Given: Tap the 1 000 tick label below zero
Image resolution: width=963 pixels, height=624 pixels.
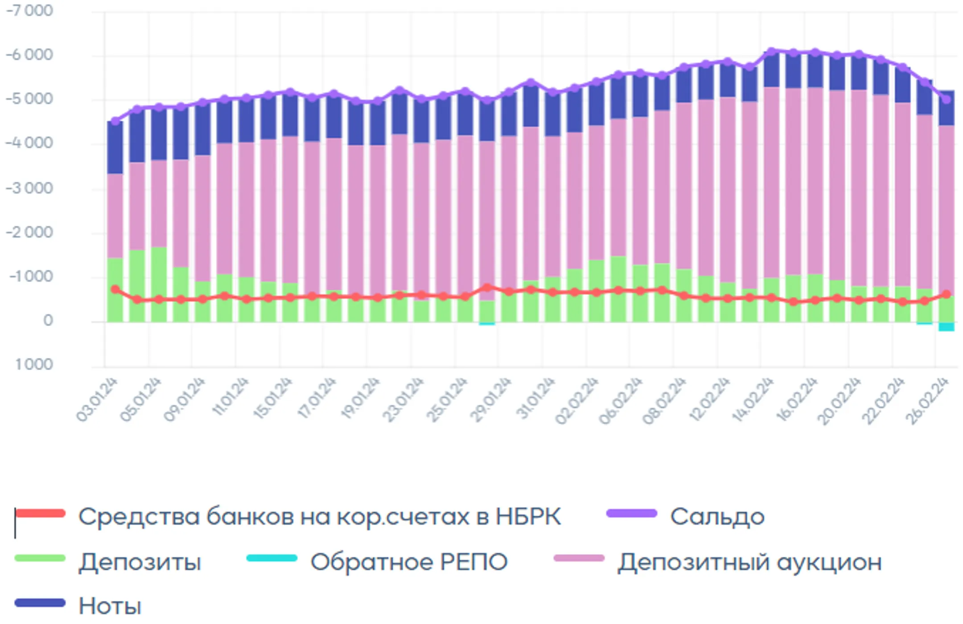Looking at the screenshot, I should tap(34, 365).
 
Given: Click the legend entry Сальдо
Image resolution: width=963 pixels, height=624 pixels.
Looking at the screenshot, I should tap(717, 517).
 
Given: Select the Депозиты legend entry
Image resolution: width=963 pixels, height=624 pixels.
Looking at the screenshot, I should tap(140, 562).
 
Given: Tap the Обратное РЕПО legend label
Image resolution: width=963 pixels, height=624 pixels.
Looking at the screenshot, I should tap(409, 562).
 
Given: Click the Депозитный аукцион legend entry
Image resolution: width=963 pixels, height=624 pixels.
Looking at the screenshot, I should tap(749, 562).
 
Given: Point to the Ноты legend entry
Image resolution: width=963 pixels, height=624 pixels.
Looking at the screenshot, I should tap(110, 606).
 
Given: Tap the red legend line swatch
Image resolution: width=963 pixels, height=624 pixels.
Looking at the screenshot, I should tap(40, 514).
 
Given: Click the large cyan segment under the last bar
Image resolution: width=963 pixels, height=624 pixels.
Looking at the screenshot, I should tap(946, 326).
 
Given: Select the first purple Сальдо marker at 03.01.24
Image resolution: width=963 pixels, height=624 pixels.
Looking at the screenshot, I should tap(115, 121).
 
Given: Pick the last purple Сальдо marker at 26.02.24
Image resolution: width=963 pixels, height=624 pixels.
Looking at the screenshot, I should tap(946, 99).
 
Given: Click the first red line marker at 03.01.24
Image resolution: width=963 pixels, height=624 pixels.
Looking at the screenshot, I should tap(115, 290).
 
